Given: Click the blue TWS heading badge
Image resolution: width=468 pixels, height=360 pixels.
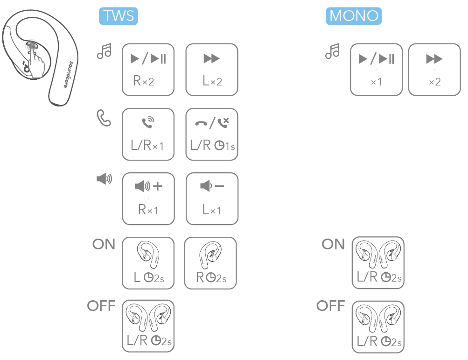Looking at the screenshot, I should click(x=119, y=16).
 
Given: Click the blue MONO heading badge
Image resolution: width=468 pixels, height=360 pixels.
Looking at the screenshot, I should click(x=354, y=16).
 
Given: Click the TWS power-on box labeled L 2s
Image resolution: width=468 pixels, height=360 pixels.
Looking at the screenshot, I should click(x=148, y=263).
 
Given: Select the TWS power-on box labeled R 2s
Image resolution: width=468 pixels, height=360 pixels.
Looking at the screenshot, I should click(x=210, y=263).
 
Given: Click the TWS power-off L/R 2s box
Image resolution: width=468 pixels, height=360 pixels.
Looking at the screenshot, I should click(x=148, y=326).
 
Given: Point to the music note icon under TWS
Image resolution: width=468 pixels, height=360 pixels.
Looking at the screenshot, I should click(x=104, y=51).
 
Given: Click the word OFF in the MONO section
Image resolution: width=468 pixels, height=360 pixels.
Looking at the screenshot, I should click(x=331, y=306).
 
